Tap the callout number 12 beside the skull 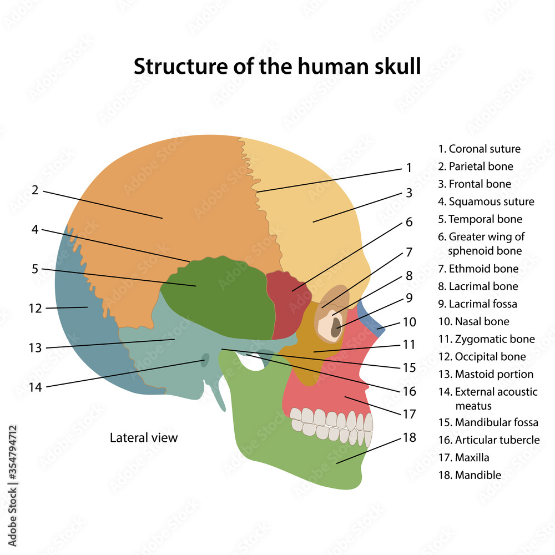point(35,308)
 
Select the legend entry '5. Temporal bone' point(480,219)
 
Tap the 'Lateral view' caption point(144,438)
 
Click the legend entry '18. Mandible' point(470,475)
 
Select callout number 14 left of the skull point(35,387)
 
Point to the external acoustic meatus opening point(205,361)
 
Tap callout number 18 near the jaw point(409,438)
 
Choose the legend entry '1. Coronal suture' point(480,149)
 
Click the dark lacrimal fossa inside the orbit point(335,330)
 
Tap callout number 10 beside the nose point(409,322)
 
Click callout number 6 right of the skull point(409,222)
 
